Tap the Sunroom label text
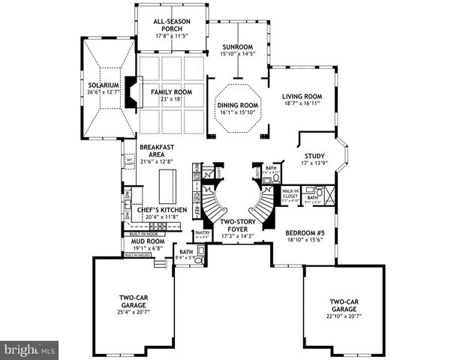pos(238,46)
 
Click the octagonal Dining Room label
pos(238,106)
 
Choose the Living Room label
pos(302,96)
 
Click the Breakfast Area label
pos(156,151)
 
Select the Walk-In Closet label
pos(290,196)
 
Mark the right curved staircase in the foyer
pos(263,202)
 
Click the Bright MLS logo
pos(29,349)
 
